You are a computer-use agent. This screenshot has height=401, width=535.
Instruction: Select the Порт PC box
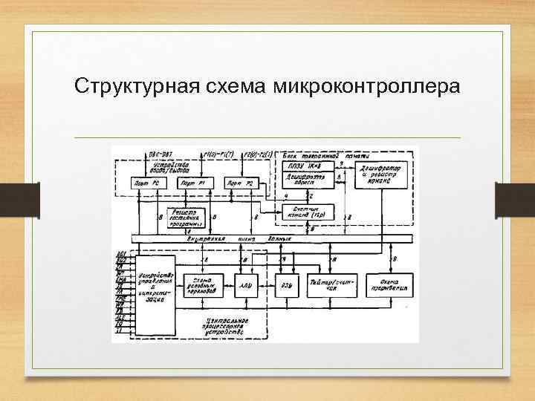(144, 183)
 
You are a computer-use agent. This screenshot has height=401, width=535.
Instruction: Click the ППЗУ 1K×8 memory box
(305, 167)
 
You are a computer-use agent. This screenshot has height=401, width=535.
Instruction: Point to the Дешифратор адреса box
(305, 180)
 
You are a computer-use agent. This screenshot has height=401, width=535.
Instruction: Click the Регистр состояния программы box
(185, 216)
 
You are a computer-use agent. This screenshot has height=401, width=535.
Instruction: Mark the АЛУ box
(244, 284)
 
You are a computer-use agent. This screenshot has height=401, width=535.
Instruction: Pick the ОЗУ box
(285, 284)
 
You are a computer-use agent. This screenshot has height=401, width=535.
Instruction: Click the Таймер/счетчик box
(332, 284)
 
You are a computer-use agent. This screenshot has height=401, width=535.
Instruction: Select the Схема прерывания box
(391, 284)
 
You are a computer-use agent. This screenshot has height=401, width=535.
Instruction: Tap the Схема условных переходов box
(201, 284)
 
